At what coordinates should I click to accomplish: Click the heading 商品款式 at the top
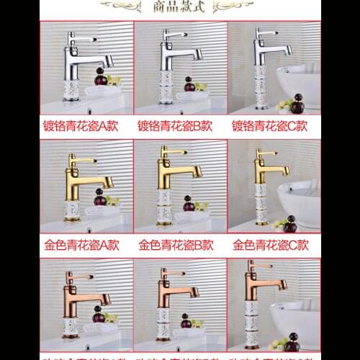(x=180, y=9)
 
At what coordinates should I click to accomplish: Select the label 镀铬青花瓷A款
(x=86, y=125)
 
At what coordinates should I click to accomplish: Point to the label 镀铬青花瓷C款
(x=270, y=125)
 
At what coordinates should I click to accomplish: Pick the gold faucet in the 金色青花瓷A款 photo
(x=86, y=180)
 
